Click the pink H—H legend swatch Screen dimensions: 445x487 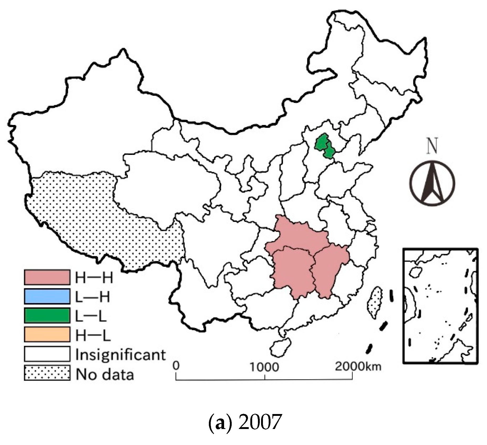click(x=47, y=277)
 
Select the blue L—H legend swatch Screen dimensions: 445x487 click(x=47, y=296)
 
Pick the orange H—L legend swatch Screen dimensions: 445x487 click(x=47, y=334)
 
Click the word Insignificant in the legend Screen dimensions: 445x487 click(x=120, y=355)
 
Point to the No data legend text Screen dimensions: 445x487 click(x=105, y=374)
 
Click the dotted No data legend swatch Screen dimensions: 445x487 click(x=47, y=373)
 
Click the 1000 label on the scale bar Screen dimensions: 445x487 click(x=264, y=367)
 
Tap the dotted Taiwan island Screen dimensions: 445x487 click(x=375, y=302)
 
